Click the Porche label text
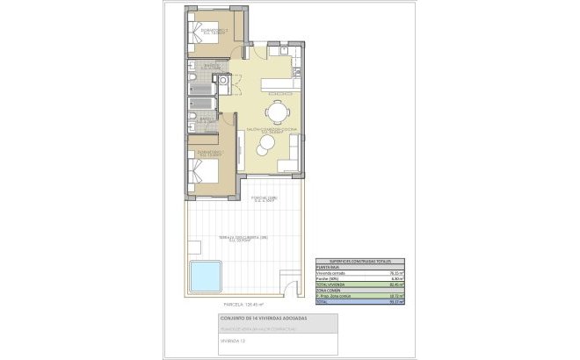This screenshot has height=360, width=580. [x=265, y=199]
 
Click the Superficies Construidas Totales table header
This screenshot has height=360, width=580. [x=360, y=261]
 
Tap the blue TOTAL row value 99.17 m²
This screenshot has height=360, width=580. [x=395, y=303]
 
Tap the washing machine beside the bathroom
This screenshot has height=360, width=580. [x=225, y=83]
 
